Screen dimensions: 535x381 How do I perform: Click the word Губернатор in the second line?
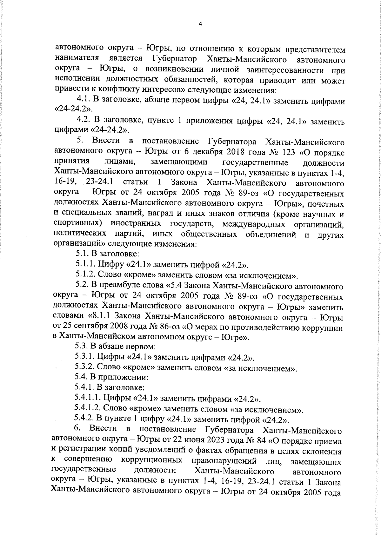click(x=174, y=59)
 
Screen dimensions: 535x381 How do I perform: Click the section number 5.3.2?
click(x=85, y=368)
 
